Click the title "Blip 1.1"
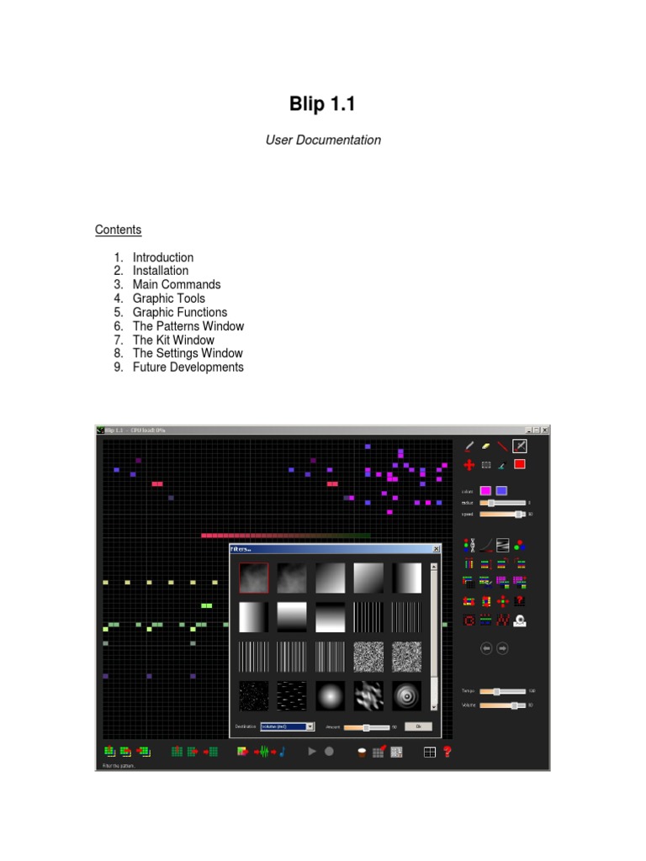pos(323,104)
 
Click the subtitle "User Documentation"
pos(323,140)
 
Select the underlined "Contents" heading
pos(118,230)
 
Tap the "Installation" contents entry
pos(160,271)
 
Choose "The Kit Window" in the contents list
pos(173,340)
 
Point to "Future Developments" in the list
pos(188,367)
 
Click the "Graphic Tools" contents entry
pos(168,298)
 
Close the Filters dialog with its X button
pos(436,549)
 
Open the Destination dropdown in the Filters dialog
pos(310,726)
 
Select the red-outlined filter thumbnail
pos(254,578)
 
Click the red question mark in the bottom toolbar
pos(447,752)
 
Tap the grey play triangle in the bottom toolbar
pos(312,752)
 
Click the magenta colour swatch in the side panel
pos(485,491)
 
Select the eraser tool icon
pos(485,446)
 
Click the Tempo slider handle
pos(497,691)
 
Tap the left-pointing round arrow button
pos(485,648)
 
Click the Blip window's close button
pos(544,430)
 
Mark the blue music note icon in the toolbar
pos(283,752)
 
